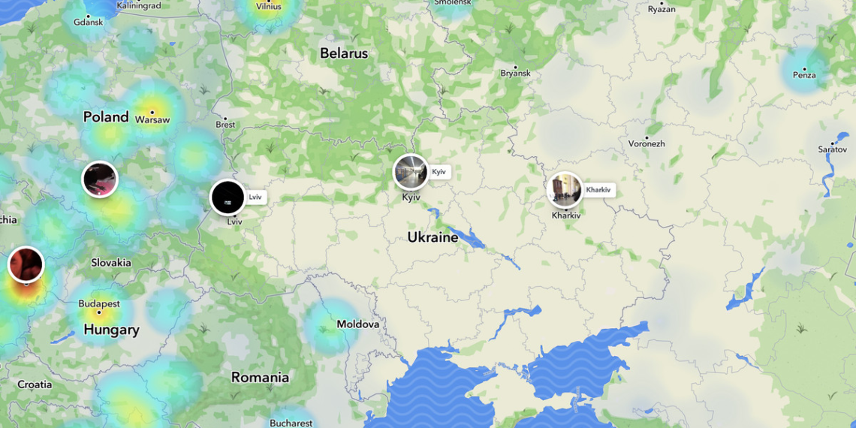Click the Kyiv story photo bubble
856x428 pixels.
coord(411,172)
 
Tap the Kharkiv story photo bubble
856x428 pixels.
coord(565,190)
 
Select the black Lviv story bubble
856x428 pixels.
coord(228,197)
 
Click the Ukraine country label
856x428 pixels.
coord(433,237)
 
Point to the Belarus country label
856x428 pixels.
coord(344,53)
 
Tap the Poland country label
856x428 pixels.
coord(106,116)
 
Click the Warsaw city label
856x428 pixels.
coord(152,119)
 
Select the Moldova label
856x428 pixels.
coord(358,324)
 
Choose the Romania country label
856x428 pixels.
coord(260,378)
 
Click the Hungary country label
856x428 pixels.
coord(111,330)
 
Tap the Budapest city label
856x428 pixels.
coord(99,304)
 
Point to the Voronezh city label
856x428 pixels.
coord(647,143)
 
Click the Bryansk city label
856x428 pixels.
coord(516,73)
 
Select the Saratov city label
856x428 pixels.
coord(832,149)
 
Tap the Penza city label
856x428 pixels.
coord(804,74)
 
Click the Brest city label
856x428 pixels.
coord(225,125)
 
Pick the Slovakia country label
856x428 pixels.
coord(111,263)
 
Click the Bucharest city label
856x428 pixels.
coord(291,423)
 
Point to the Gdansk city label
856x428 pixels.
coord(89,22)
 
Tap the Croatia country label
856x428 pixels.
coord(35,384)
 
